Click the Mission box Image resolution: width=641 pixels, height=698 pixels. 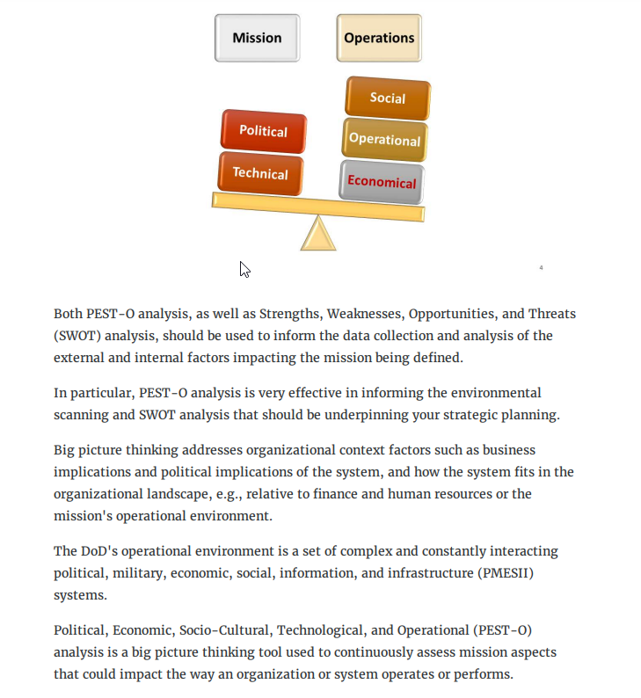click(x=257, y=38)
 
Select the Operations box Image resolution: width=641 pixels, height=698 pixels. click(x=379, y=38)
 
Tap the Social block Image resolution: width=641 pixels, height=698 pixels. click(x=387, y=98)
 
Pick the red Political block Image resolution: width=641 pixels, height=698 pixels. click(x=263, y=131)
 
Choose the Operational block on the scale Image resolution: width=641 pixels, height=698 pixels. click(x=384, y=139)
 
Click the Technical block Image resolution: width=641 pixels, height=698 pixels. click(x=260, y=173)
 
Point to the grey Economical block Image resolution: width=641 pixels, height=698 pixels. click(x=382, y=182)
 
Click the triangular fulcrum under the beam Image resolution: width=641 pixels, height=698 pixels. click(x=317, y=234)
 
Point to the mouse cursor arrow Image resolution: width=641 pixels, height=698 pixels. click(x=244, y=269)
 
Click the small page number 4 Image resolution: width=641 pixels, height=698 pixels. click(x=541, y=267)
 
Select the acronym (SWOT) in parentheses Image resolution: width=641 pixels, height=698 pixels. click(x=77, y=336)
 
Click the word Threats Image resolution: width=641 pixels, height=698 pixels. click(x=554, y=314)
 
